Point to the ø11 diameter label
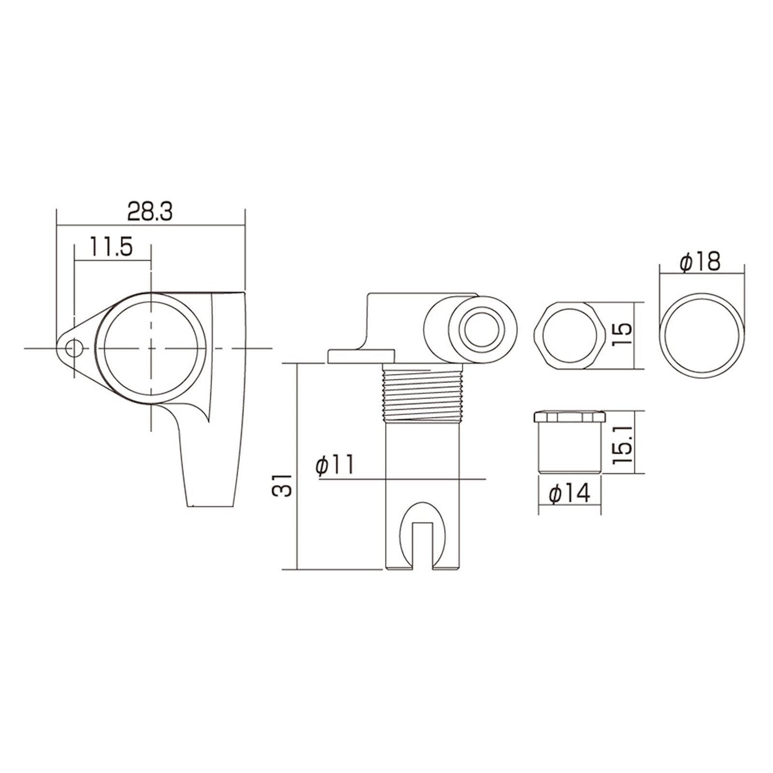click(335, 465)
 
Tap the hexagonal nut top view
click(569, 335)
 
